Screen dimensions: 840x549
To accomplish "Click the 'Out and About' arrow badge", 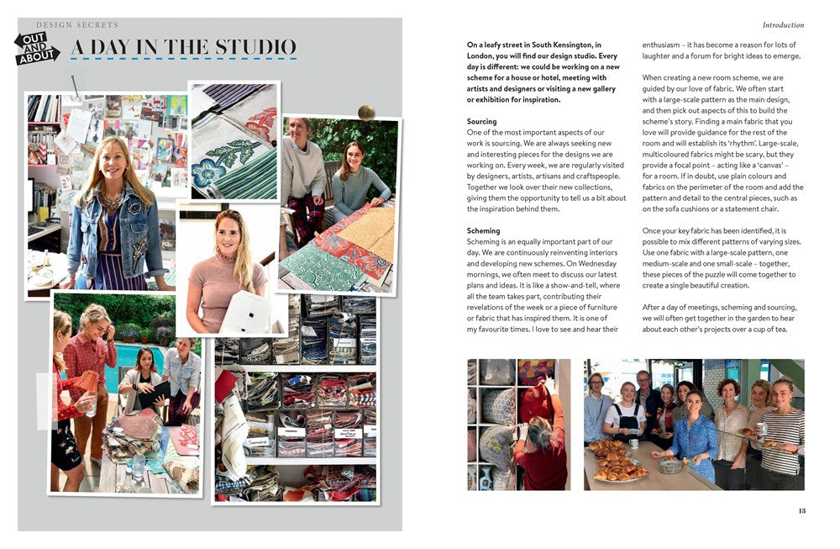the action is click(x=36, y=48).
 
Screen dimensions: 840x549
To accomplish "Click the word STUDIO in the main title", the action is click(x=255, y=47).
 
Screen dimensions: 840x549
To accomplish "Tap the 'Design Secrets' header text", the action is click(x=77, y=24).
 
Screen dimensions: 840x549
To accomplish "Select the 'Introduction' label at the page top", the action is click(x=783, y=24).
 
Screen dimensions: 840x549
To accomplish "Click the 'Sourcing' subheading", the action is click(x=481, y=121).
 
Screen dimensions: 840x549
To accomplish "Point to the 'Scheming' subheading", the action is click(x=483, y=230).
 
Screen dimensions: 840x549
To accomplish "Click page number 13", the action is click(x=801, y=511).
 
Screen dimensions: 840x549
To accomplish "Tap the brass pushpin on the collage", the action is click(x=366, y=112).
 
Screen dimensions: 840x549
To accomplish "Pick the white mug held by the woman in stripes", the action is click(x=762, y=428).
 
